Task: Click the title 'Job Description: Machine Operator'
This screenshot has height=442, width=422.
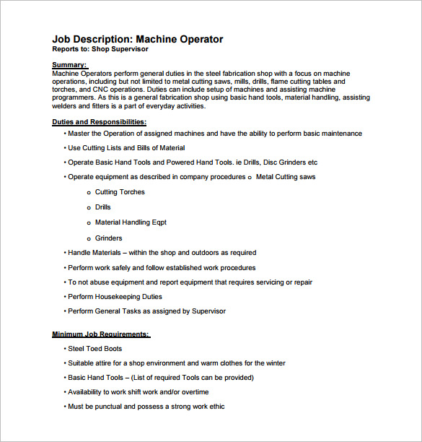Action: (x=138, y=40)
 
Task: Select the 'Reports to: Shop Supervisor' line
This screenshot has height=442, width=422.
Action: (x=100, y=50)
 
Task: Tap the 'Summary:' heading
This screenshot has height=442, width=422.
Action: (x=69, y=65)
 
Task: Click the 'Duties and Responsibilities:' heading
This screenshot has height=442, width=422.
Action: (x=100, y=121)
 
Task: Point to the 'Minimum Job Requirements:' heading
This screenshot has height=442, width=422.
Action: (x=101, y=334)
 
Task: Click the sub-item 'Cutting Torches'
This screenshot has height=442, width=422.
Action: (x=120, y=192)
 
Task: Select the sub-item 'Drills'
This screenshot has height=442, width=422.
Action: (x=104, y=207)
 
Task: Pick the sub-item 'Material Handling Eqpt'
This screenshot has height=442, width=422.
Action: (x=131, y=222)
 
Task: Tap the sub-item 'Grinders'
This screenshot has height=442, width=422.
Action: (x=108, y=238)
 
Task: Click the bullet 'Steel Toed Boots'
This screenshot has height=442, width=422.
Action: (x=94, y=349)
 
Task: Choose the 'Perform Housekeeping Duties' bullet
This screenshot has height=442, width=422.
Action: (x=115, y=297)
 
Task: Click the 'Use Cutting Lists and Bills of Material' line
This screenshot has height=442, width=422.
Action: (x=126, y=148)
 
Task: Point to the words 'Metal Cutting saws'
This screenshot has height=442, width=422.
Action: (x=286, y=177)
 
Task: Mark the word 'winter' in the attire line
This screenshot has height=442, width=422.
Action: (x=274, y=363)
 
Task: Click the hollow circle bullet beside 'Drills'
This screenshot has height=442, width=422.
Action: (x=88, y=208)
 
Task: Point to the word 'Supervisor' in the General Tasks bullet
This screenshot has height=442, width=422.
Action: (x=208, y=311)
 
